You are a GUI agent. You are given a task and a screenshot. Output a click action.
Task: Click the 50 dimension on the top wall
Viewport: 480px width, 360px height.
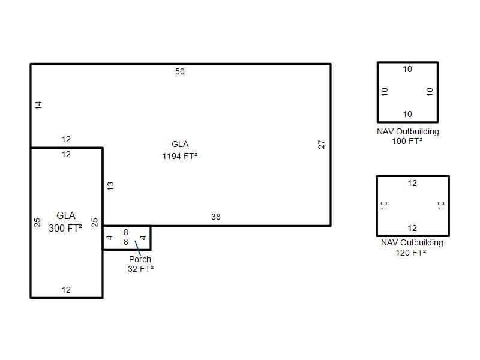click(x=180, y=72)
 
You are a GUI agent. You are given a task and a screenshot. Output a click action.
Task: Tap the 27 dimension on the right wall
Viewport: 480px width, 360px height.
click(x=322, y=145)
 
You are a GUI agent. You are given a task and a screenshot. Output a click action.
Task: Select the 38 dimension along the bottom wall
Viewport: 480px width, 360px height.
click(x=216, y=217)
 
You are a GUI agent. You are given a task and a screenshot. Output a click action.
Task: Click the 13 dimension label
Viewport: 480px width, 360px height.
click(x=110, y=186)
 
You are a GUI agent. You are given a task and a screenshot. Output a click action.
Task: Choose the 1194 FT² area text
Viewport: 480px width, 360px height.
click(x=180, y=156)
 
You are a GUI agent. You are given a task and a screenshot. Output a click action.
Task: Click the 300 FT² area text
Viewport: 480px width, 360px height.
click(x=65, y=228)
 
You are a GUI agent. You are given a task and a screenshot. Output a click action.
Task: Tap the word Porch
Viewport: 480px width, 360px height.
click(x=140, y=259)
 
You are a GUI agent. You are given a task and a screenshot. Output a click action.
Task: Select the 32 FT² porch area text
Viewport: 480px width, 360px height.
click(x=140, y=269)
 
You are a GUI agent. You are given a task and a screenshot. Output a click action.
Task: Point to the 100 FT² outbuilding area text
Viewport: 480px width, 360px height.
click(x=407, y=142)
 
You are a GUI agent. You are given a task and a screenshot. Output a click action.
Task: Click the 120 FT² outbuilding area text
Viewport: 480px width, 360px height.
click(x=412, y=253)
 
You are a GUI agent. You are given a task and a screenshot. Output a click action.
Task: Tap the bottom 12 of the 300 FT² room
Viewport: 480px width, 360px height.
click(x=66, y=290)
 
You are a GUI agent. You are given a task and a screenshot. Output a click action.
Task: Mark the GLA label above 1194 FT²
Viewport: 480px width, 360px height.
click(x=180, y=144)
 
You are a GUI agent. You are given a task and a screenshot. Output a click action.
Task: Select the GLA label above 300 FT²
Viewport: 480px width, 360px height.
click(x=66, y=216)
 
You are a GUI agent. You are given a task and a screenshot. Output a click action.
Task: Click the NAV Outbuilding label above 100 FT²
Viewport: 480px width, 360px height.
click(x=408, y=131)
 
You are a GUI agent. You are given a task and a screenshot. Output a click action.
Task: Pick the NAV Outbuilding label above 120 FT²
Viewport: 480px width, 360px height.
click(x=412, y=243)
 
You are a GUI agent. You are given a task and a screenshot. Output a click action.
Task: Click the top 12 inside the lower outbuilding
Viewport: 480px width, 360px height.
click(x=412, y=184)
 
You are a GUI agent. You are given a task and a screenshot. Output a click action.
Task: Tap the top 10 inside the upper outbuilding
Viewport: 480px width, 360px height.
click(x=407, y=70)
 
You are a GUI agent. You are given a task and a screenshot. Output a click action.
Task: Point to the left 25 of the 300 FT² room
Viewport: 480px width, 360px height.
click(x=38, y=222)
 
